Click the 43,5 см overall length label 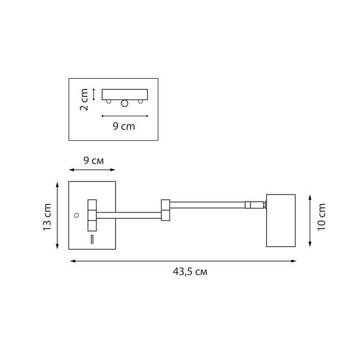(190, 272)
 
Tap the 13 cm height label (47, 217)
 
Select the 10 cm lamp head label (321, 217)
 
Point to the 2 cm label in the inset (84, 100)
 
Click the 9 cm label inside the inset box (124, 126)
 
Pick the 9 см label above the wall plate (94, 160)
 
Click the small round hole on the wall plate (76, 215)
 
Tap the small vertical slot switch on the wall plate (92, 240)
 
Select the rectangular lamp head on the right (281, 220)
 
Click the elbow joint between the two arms (165, 210)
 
